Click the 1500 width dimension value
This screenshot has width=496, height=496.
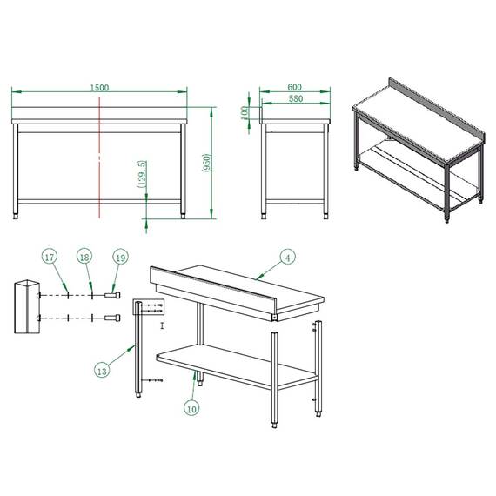[x=99, y=88]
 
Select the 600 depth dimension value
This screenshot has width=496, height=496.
[x=294, y=87]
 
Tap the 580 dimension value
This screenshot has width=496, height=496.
[x=294, y=100]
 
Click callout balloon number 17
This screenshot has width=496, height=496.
[x=50, y=258]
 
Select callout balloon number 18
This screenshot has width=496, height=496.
[x=84, y=258]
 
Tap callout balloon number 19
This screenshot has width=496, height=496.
[x=120, y=258]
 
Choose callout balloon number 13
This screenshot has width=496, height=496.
[x=103, y=371]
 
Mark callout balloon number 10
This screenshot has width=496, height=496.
[x=191, y=406]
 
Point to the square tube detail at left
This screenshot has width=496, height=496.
[x=26, y=306]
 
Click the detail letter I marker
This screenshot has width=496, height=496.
[x=162, y=325]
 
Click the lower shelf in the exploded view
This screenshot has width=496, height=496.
[x=235, y=362]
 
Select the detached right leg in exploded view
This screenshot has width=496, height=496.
[x=318, y=365]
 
